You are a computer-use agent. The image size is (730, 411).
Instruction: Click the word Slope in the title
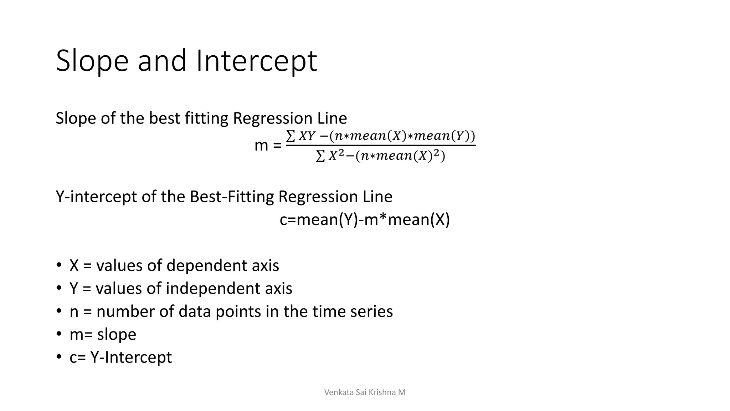pos(92,61)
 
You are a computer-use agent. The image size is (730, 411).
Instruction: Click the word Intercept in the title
pos(256,61)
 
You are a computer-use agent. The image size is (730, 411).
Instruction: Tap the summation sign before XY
pos(291,136)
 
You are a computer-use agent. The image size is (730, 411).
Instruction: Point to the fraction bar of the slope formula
pos(381,145)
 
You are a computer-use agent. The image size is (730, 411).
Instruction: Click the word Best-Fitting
pos(231,197)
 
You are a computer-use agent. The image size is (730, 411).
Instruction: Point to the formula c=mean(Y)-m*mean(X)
pos(365,219)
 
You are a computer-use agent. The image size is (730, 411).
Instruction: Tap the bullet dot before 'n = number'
pos(59,311)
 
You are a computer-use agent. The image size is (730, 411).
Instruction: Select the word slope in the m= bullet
pos(117,335)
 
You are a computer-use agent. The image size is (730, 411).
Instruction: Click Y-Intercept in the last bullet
pos(131,357)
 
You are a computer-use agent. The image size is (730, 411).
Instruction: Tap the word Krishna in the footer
pos(381,392)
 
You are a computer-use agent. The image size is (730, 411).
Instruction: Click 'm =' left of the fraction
pos(268,146)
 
